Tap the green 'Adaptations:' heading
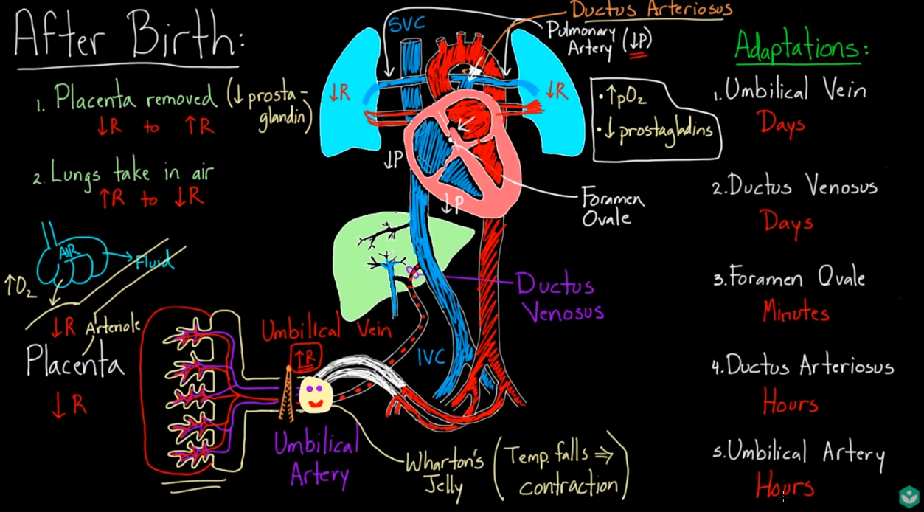[801, 48]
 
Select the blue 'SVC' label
[407, 24]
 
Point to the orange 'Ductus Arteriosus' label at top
[650, 10]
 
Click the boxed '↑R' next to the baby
[305, 357]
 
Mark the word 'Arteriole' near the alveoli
[112, 325]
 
